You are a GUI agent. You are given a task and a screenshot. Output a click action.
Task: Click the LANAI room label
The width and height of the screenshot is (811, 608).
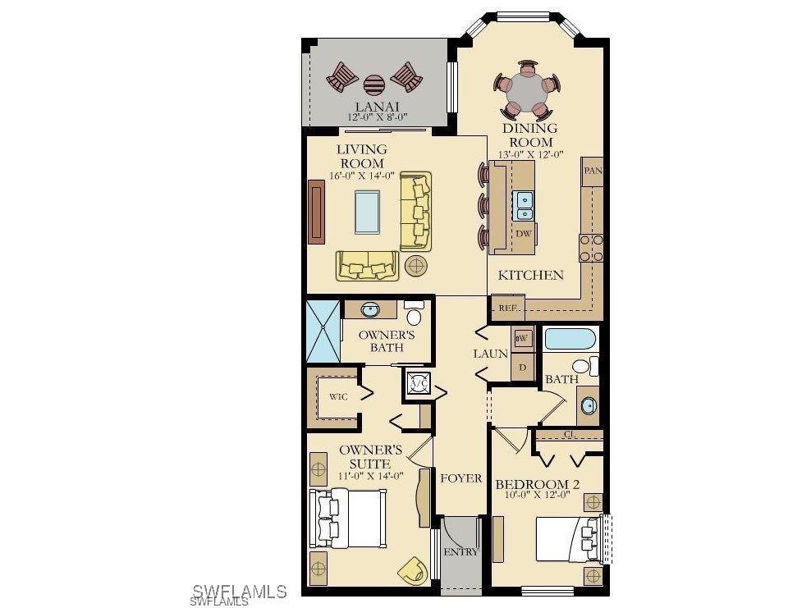[377, 107]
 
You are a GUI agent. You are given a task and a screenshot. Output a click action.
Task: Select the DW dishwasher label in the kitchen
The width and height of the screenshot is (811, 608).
[524, 234]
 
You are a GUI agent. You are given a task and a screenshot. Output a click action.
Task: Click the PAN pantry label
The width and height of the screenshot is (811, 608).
[592, 171]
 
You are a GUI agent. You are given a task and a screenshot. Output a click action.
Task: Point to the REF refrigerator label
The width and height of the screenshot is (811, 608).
[506, 309]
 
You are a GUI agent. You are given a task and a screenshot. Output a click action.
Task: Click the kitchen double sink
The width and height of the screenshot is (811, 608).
[525, 203]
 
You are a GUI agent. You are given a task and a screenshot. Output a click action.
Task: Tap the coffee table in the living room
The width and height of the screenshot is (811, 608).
[367, 212]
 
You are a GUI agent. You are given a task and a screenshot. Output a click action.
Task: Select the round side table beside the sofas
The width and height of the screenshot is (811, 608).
[416, 264]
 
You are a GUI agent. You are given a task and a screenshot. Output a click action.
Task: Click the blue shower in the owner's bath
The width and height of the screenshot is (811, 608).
[322, 331]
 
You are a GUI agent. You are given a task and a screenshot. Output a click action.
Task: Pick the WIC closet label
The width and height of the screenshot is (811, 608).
[338, 397]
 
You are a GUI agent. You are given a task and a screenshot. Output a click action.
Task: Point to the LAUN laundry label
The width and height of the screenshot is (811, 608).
[490, 354]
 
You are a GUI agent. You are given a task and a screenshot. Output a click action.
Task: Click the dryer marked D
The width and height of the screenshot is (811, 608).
[523, 367]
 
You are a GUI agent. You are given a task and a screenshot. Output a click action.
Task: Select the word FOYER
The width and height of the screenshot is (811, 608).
[460, 478]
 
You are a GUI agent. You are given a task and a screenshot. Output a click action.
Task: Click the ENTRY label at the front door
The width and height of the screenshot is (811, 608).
[460, 552]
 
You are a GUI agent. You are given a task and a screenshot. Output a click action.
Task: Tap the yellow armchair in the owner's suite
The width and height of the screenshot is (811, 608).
[412, 569]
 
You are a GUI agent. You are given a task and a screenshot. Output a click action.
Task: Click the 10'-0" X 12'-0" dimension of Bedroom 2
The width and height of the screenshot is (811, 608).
[537, 495]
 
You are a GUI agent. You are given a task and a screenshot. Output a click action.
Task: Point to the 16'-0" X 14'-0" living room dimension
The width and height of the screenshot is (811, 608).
[362, 175]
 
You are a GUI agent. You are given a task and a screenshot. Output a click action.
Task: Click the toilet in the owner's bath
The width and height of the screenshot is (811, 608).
[414, 314]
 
